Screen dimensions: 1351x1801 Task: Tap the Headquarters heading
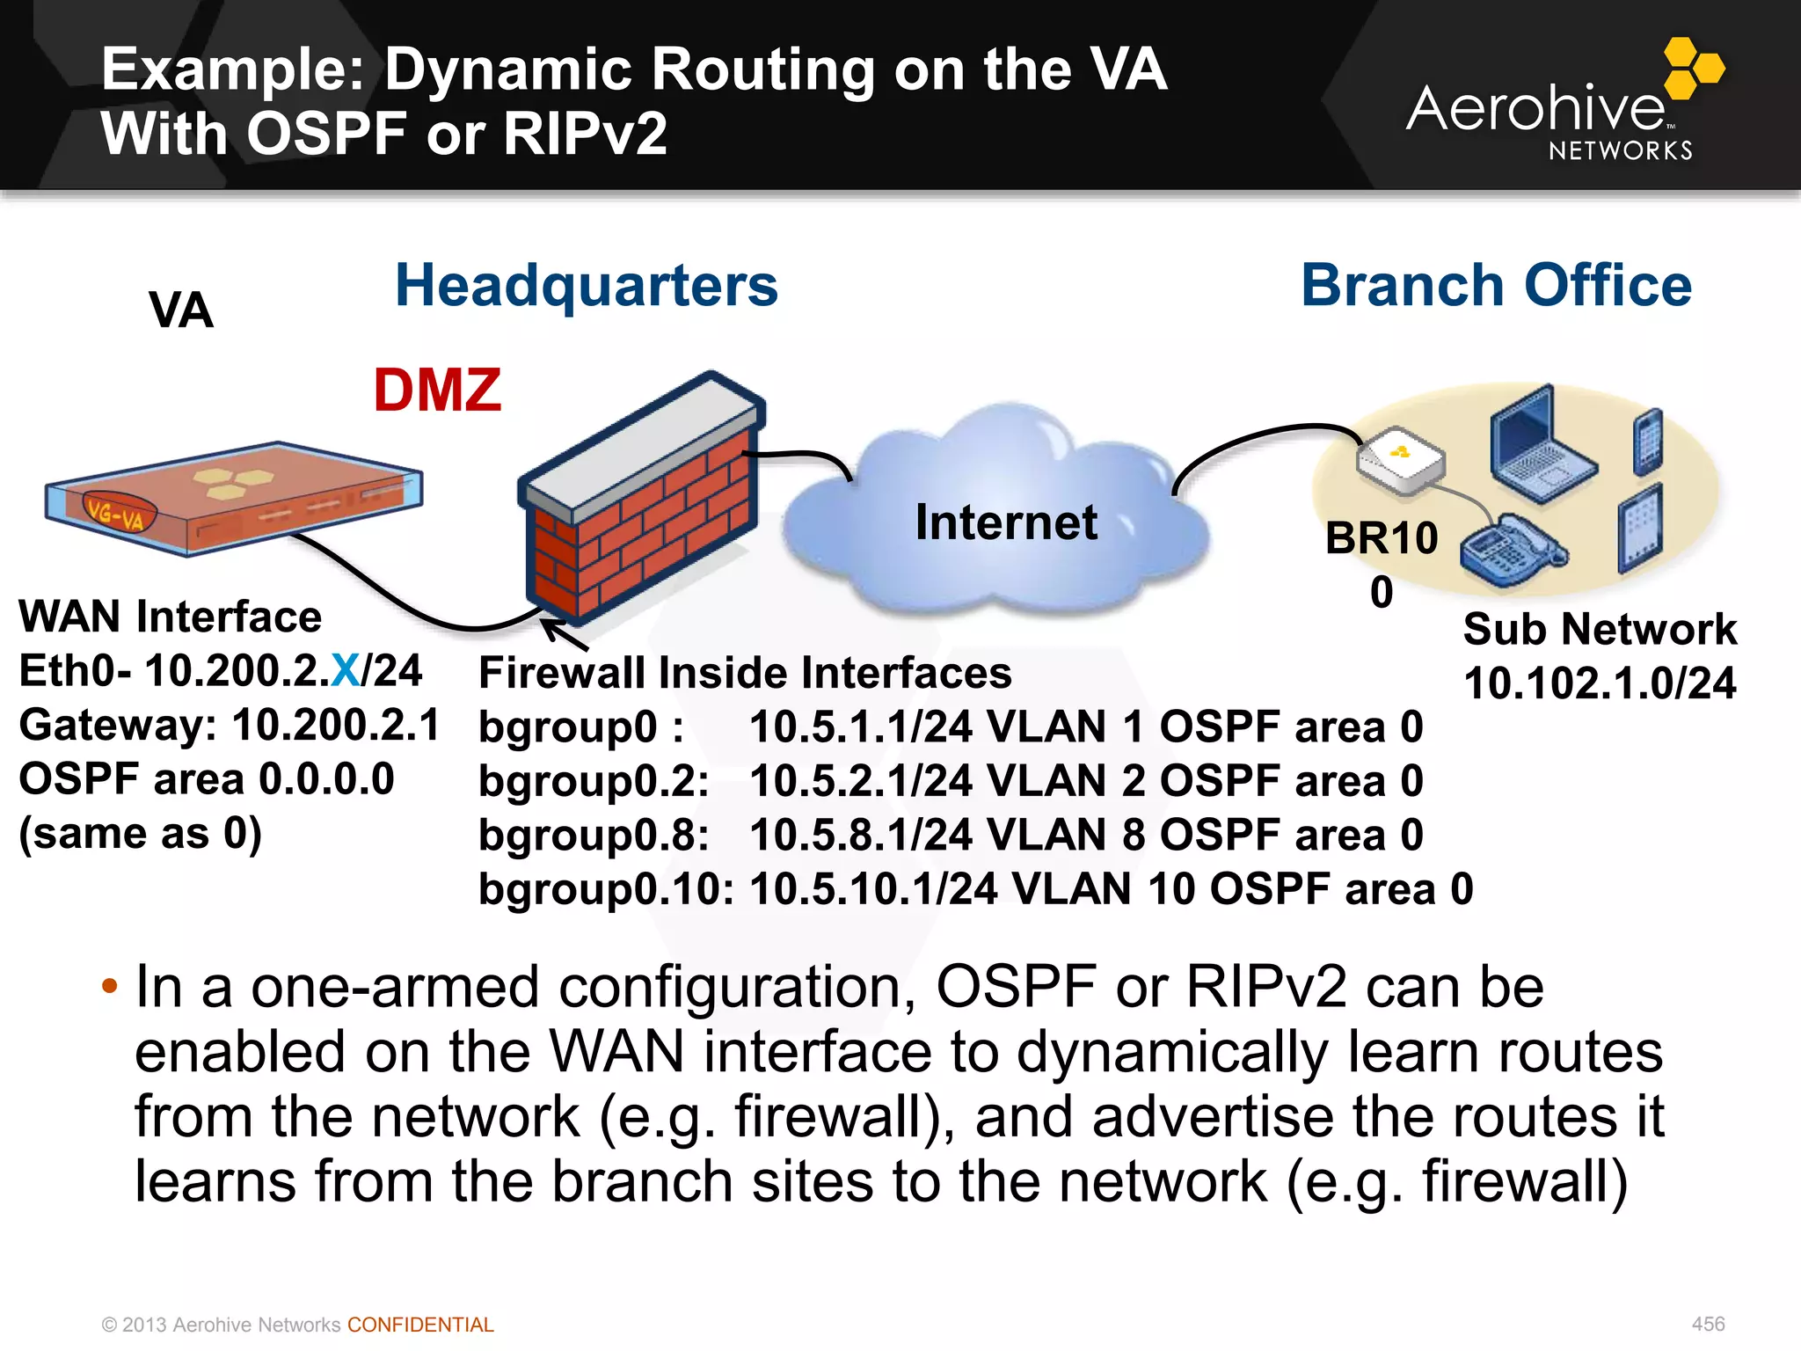[x=587, y=286]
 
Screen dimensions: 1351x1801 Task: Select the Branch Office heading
[x=1496, y=286]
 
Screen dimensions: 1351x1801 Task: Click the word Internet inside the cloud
[x=1006, y=522]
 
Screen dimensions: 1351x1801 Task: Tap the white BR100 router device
[x=1400, y=461]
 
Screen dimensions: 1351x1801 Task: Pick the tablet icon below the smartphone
[x=1640, y=529]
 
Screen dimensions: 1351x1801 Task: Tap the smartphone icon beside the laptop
[x=1648, y=442]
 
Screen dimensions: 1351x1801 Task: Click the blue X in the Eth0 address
[x=346, y=671]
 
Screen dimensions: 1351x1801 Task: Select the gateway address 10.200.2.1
[x=335, y=726]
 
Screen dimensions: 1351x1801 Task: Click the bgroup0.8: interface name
[x=594, y=835]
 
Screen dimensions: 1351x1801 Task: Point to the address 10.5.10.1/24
[x=873, y=889]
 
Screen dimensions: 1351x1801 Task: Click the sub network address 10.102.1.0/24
[x=1600, y=683]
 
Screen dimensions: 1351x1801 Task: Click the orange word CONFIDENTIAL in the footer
[x=420, y=1325]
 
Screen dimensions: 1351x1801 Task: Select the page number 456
[x=1708, y=1324]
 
